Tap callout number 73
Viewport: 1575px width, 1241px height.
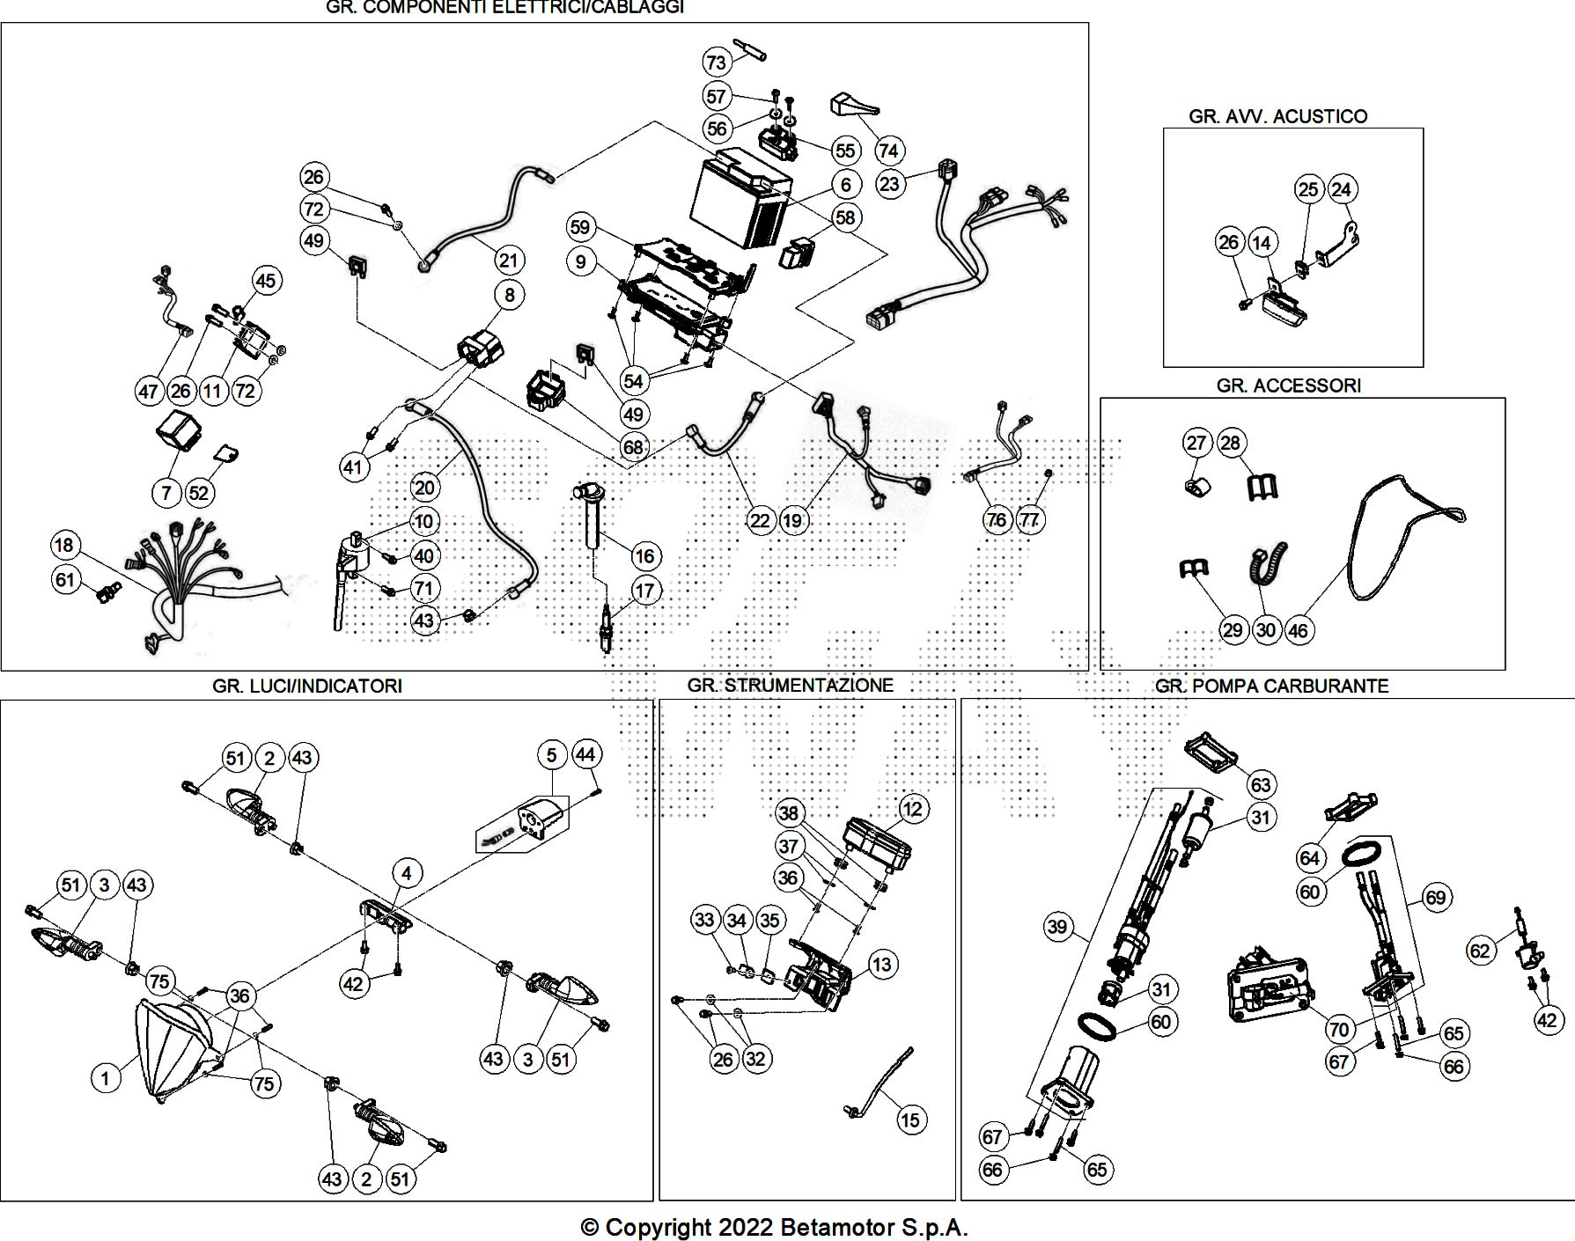coord(717,62)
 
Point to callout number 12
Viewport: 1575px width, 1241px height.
coord(912,808)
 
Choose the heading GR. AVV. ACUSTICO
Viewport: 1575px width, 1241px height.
coord(1277,116)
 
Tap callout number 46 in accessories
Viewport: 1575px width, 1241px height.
coord(1298,630)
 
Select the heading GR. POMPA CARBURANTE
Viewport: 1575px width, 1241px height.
coord(1271,686)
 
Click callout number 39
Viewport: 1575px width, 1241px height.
coord(1057,926)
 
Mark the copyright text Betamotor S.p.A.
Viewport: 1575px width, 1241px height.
coord(774,1227)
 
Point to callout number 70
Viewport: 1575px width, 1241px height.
coord(1338,1028)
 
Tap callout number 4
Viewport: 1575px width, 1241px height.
coord(407,873)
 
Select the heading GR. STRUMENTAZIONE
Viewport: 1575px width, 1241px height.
coord(790,685)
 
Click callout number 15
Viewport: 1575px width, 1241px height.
coord(909,1120)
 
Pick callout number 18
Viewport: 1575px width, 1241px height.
coord(64,546)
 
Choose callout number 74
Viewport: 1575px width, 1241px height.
coord(888,151)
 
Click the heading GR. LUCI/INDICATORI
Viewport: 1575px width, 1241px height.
coord(306,686)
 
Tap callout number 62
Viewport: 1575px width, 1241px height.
coord(1480,951)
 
